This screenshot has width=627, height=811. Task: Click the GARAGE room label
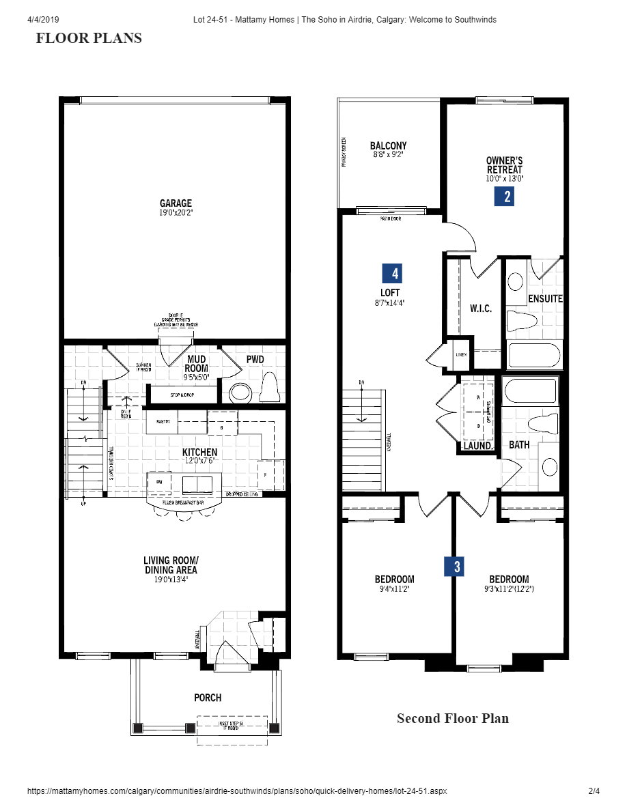pyautogui.click(x=176, y=203)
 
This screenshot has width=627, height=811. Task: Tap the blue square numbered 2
pyautogui.click(x=504, y=197)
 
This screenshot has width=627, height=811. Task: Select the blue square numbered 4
pyautogui.click(x=391, y=273)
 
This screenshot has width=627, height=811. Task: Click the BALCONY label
pyautogui.click(x=388, y=145)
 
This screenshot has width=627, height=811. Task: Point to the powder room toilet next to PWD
pyautogui.click(x=270, y=388)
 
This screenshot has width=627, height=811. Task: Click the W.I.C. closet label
pyautogui.click(x=480, y=309)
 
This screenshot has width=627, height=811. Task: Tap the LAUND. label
pyautogui.click(x=478, y=445)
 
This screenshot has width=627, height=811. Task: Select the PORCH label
pyautogui.click(x=207, y=697)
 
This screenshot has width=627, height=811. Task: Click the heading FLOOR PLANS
pyautogui.click(x=89, y=38)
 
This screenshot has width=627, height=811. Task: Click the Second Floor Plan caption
pyautogui.click(x=452, y=718)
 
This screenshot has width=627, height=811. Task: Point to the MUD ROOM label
pyautogui.click(x=196, y=364)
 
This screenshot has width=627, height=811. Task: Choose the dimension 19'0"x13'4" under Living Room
pyautogui.click(x=170, y=579)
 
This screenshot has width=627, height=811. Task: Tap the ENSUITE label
pyautogui.click(x=545, y=298)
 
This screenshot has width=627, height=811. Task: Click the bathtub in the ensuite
pyautogui.click(x=534, y=356)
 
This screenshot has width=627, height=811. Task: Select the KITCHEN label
pyautogui.click(x=199, y=452)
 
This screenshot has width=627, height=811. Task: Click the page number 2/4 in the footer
pyautogui.click(x=594, y=791)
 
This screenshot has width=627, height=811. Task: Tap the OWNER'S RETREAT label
pyautogui.click(x=504, y=165)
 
